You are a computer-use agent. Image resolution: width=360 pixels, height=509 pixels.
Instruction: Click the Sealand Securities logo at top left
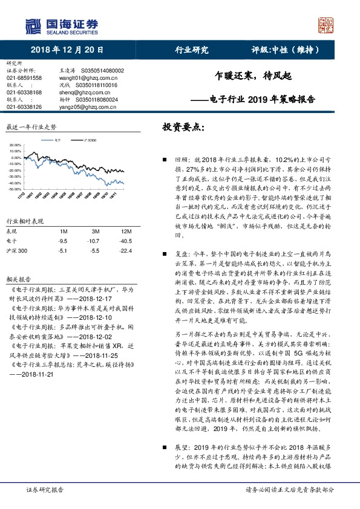point(61,26)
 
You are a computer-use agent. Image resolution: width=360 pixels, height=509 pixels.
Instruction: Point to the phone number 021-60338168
point(24,92)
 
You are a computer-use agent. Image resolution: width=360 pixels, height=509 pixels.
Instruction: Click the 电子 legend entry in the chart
point(56,140)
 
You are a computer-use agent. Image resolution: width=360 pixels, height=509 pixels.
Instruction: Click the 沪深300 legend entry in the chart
point(90,140)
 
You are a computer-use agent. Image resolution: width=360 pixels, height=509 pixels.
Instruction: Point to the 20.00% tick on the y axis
point(14,146)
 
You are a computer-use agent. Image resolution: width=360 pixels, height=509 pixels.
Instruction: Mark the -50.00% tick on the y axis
point(13,189)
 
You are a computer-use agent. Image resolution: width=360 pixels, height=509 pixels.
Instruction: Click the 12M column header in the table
point(125,232)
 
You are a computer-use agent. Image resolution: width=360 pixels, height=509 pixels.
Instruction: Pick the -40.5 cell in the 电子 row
point(125,241)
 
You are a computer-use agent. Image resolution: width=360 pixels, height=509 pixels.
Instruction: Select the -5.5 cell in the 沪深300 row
point(95,250)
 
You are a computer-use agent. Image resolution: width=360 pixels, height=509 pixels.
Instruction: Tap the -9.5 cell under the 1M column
point(62,241)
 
